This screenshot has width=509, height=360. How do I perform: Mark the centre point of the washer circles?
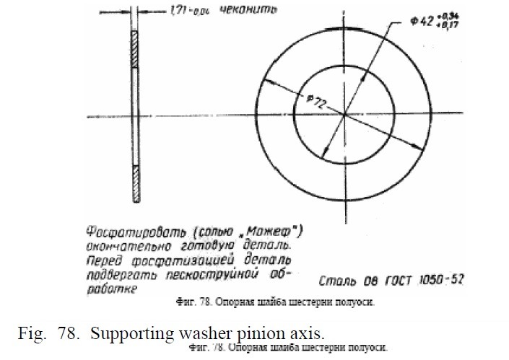(344, 115)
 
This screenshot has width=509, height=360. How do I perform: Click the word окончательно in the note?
(124, 246)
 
